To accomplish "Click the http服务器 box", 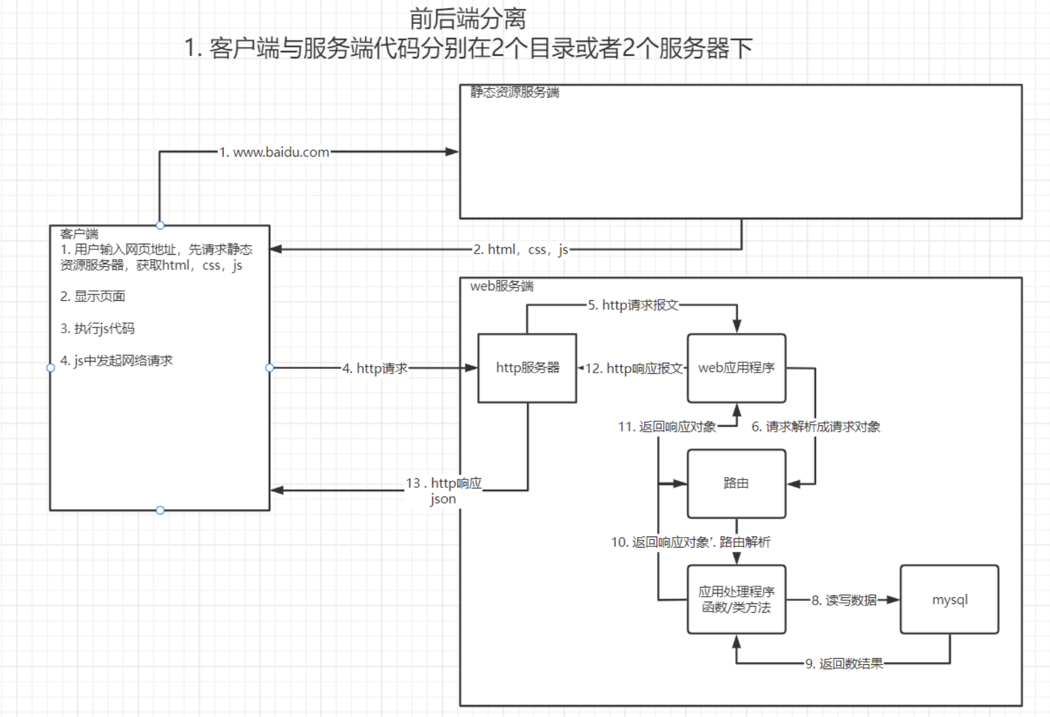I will (x=527, y=368).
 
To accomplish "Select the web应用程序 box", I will (x=736, y=368).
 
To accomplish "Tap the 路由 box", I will (x=736, y=483).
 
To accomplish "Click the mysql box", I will (x=949, y=599).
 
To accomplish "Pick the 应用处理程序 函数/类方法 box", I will (x=736, y=599).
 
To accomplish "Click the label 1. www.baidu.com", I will (x=274, y=152).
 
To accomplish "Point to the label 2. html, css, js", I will (x=521, y=249).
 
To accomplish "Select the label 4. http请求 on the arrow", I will (x=375, y=368).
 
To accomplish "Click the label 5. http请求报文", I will (x=633, y=305).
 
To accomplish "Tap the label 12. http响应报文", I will (x=634, y=368).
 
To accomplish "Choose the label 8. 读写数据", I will (x=844, y=600).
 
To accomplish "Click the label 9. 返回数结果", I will (x=844, y=664).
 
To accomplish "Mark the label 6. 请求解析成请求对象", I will (x=816, y=427).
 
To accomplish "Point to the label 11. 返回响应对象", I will (x=667, y=427).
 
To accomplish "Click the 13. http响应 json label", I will (x=443, y=490).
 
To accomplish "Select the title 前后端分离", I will (x=467, y=18).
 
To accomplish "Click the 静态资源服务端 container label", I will (x=515, y=93).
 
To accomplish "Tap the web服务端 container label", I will (x=502, y=286).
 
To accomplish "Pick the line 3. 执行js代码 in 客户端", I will (x=97, y=328).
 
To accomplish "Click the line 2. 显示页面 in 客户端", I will (x=93, y=296).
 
